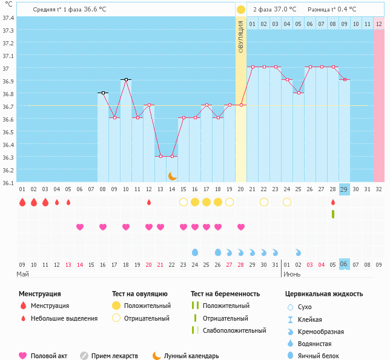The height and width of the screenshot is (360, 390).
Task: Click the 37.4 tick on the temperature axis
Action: (x=8, y=18)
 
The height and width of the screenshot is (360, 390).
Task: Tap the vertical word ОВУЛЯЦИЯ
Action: (x=241, y=36)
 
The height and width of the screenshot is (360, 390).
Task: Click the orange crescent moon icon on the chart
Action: (x=173, y=176)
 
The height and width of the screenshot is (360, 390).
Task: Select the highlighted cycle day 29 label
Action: (x=344, y=189)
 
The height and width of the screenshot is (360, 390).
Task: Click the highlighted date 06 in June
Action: (x=344, y=264)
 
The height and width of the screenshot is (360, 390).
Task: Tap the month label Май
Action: (x=22, y=274)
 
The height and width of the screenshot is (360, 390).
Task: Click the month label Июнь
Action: (x=292, y=274)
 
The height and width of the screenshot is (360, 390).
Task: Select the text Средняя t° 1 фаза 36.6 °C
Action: (x=69, y=9)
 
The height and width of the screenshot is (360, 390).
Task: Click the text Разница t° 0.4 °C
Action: (x=332, y=9)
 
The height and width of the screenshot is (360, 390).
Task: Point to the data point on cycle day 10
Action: (x=126, y=79)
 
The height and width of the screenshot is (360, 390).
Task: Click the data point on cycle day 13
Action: (x=160, y=156)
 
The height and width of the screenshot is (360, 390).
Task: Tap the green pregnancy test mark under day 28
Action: (x=332, y=214)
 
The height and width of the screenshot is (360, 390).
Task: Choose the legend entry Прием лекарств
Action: (x=114, y=356)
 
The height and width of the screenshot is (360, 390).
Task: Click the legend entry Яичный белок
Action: (x=319, y=356)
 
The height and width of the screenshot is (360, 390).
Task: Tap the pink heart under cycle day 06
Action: (x=80, y=227)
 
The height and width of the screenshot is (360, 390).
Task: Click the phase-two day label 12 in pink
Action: (x=378, y=24)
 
